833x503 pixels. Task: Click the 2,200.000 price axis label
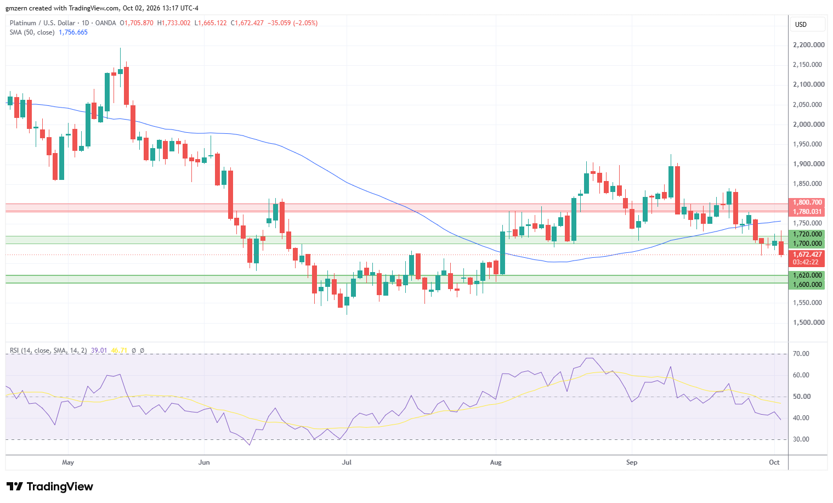pyautogui.click(x=809, y=45)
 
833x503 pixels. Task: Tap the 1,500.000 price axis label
pyautogui.click(x=809, y=323)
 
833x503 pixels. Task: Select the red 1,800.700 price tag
pyautogui.click(x=807, y=202)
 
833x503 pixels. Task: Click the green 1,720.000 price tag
pyautogui.click(x=807, y=234)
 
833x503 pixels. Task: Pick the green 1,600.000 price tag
pyautogui.click(x=807, y=285)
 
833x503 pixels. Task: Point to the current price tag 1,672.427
pyautogui.click(x=807, y=255)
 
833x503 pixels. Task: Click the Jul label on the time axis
pyautogui.click(x=347, y=462)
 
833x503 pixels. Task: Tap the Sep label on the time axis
pyautogui.click(x=632, y=462)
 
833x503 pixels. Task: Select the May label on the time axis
pyautogui.click(x=68, y=462)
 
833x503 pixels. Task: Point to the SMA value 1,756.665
pyautogui.click(x=73, y=32)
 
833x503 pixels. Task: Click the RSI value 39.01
pyautogui.click(x=99, y=351)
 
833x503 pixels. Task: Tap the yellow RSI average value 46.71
pyautogui.click(x=119, y=351)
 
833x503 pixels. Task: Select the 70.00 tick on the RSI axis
pyautogui.click(x=801, y=354)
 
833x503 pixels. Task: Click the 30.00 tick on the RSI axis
pyautogui.click(x=801, y=439)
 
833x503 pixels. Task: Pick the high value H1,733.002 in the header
pyautogui.click(x=174, y=23)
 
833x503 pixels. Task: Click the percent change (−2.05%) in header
pyautogui.click(x=305, y=23)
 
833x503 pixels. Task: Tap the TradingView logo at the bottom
pyautogui.click(x=50, y=487)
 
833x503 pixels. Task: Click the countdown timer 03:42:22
pyautogui.click(x=806, y=262)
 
